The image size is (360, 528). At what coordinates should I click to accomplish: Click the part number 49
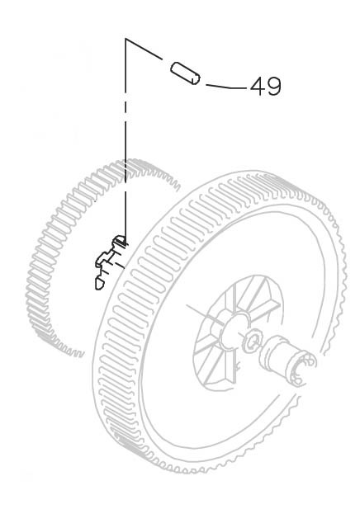coord(265,86)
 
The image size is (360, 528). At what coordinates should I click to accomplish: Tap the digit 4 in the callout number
coord(258,86)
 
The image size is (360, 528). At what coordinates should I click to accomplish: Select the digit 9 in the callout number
coord(273,86)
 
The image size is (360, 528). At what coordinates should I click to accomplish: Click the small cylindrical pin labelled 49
coord(185,73)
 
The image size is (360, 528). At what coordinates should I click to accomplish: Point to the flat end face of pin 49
coord(195,79)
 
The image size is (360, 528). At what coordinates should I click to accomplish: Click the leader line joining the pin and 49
coord(226,87)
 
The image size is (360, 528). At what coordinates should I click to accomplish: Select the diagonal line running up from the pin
coord(144,49)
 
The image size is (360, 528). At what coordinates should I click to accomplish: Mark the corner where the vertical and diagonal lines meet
coord(126,39)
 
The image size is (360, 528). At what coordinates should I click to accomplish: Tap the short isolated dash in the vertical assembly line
coord(126,108)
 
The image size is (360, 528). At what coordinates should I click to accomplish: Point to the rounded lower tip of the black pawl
coord(98,285)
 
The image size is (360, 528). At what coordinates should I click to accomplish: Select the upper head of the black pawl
coord(120,240)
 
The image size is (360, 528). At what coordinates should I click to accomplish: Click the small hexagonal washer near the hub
coord(252,341)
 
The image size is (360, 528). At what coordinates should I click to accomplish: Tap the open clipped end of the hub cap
coord(301,368)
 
